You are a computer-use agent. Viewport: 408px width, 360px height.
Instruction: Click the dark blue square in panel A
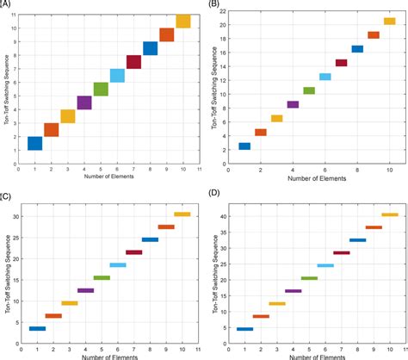pyautogui.click(x=34, y=143)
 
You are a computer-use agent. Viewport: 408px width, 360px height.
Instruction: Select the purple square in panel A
pyautogui.click(x=84, y=102)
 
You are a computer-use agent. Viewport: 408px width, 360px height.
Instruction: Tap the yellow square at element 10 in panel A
pyautogui.click(x=182, y=22)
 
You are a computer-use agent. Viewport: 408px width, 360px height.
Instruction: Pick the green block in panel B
pyautogui.click(x=309, y=90)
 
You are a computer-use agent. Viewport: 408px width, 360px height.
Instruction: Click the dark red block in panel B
pyautogui.click(x=341, y=63)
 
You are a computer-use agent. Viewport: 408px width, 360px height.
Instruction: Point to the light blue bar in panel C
pyautogui.click(x=117, y=265)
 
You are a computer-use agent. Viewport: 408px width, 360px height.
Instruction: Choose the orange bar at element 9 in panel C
pyautogui.click(x=166, y=227)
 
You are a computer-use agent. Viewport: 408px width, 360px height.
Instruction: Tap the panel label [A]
pyautogui.click(x=6, y=4)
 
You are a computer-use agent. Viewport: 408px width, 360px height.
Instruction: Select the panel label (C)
pyautogui.click(x=7, y=196)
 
